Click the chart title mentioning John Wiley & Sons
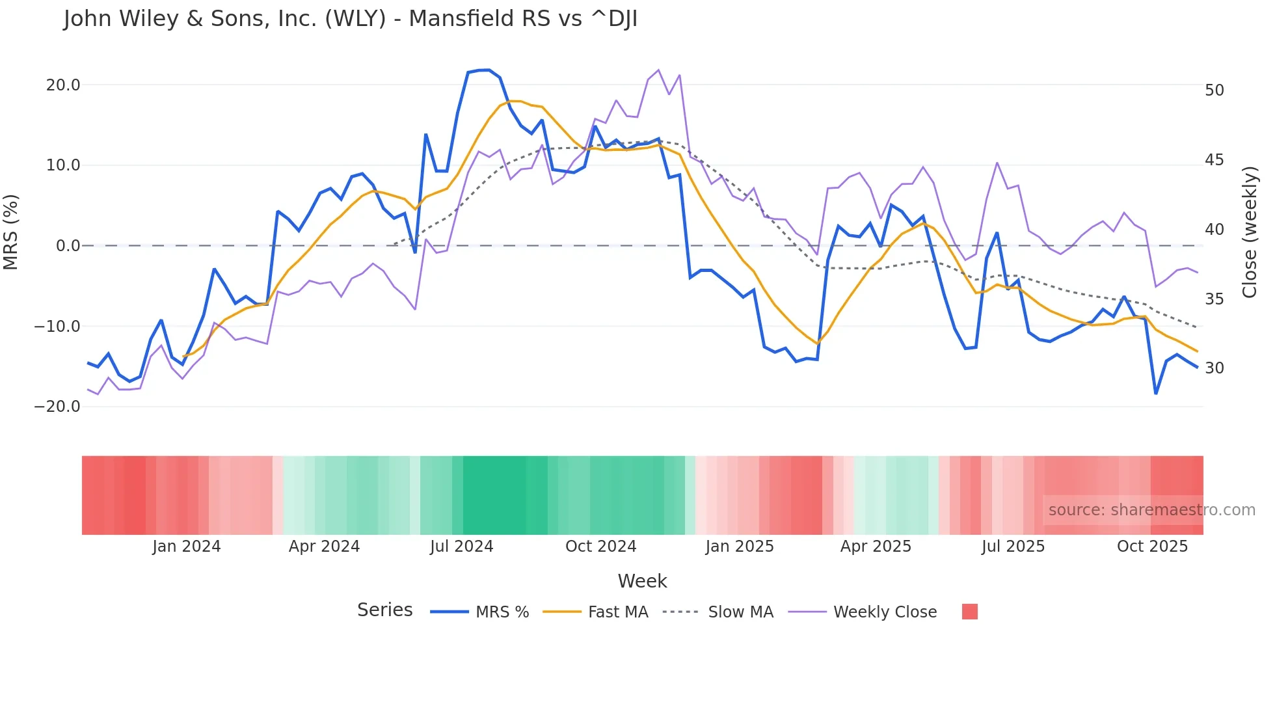point(350,19)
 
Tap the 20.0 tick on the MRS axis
point(63,85)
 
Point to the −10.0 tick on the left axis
point(57,326)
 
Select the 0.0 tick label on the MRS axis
point(68,246)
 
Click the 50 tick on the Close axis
point(1215,90)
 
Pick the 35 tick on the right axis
point(1215,299)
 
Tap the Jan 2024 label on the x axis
point(187,547)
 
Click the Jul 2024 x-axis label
point(461,547)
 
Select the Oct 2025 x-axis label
point(1152,547)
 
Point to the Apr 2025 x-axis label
point(876,547)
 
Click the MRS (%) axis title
point(11,232)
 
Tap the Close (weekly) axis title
point(1250,232)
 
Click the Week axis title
point(642,581)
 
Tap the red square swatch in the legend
point(969,612)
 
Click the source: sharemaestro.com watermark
point(1151,510)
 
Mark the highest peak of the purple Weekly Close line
point(658,70)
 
